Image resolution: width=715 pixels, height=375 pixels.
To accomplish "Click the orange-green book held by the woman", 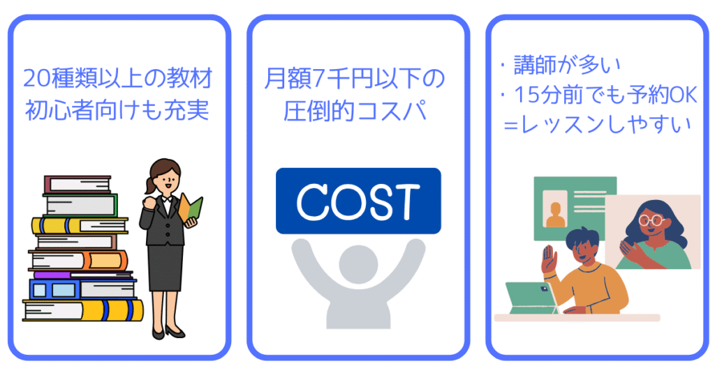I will click(x=190, y=209).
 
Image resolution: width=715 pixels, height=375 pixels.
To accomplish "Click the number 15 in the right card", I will click(x=524, y=96).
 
